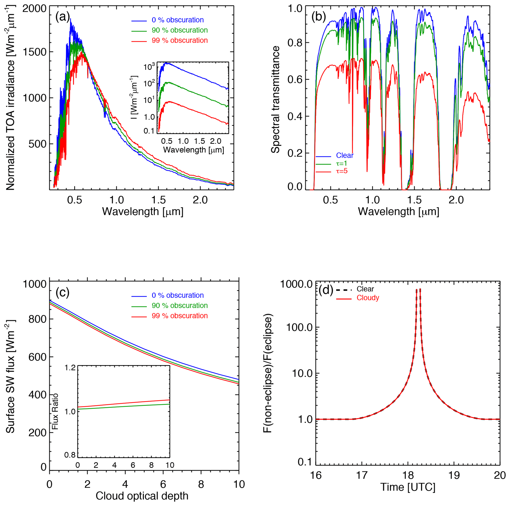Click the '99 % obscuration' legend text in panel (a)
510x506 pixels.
click(x=180, y=40)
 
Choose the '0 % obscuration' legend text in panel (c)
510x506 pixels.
click(x=178, y=295)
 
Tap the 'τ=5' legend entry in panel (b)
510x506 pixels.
click(x=341, y=171)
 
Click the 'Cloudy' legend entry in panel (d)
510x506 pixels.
click(x=368, y=298)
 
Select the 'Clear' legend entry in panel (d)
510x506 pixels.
click(x=365, y=289)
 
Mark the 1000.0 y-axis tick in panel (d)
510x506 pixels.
click(x=296, y=284)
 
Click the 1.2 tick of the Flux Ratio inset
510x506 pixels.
click(x=70, y=367)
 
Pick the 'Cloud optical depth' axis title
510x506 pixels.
click(x=142, y=496)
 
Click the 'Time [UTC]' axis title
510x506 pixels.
click(x=408, y=487)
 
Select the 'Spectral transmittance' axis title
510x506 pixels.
click(x=275, y=99)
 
